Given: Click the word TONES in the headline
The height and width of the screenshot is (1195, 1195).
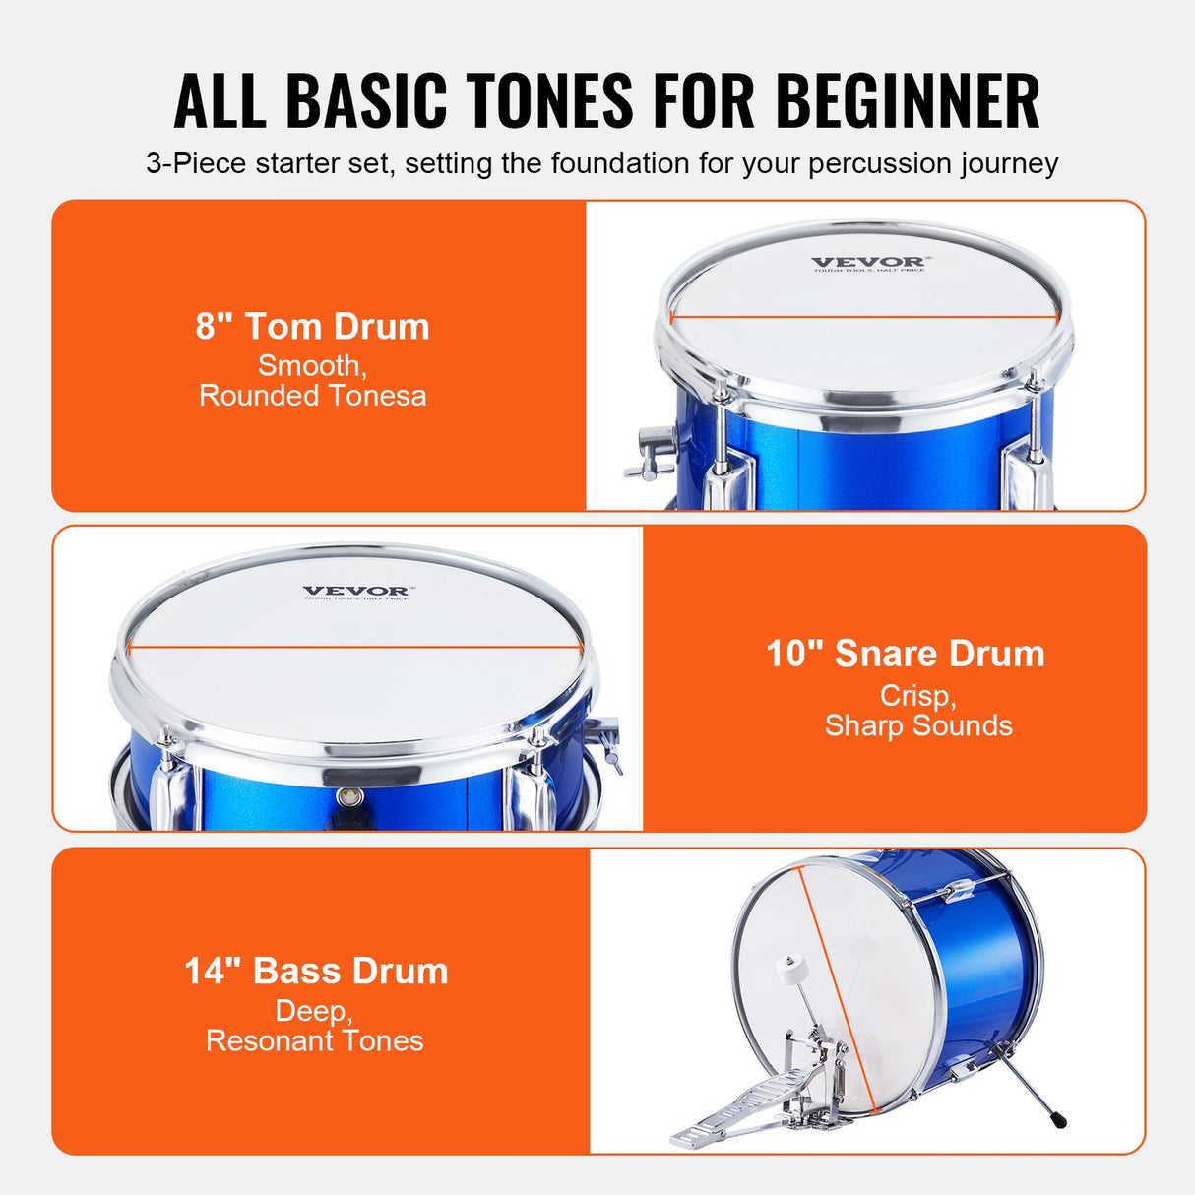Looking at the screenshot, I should tap(549, 101).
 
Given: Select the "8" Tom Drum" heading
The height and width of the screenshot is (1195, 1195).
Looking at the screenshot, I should tap(312, 327).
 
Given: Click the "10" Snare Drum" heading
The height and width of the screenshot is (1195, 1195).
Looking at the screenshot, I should tap(905, 654).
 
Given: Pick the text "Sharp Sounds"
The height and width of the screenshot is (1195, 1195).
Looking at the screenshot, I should tap(918, 725).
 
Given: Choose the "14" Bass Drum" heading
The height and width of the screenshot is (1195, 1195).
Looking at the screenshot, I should tap(316, 971).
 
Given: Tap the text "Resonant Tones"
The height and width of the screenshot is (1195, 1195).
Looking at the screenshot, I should tap(314, 1040).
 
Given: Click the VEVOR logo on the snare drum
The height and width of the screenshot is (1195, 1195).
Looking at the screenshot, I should tap(356, 592).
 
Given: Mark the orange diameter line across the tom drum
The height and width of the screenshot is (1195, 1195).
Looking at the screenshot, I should tap(864, 318).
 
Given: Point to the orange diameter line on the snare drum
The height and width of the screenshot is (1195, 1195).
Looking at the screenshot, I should tap(354, 647).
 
